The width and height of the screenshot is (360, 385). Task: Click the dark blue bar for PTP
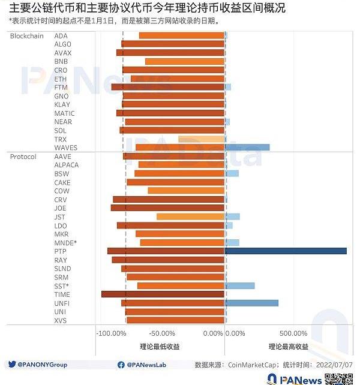(x=286, y=251)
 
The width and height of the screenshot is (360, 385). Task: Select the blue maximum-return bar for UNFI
(x=251, y=303)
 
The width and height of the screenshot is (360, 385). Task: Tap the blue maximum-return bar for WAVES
(x=247, y=147)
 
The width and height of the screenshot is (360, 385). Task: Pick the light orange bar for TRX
(x=201, y=139)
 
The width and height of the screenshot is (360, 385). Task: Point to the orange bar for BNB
(x=184, y=61)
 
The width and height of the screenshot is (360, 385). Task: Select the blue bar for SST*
(x=239, y=285)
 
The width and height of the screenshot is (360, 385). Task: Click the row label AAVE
(x=62, y=157)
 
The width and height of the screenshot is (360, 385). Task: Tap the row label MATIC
(x=64, y=113)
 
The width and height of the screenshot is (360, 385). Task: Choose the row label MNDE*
(x=65, y=243)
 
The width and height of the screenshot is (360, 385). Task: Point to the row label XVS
(x=60, y=321)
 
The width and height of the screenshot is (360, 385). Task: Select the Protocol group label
(x=23, y=157)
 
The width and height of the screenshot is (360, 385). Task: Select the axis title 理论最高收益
(x=289, y=347)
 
